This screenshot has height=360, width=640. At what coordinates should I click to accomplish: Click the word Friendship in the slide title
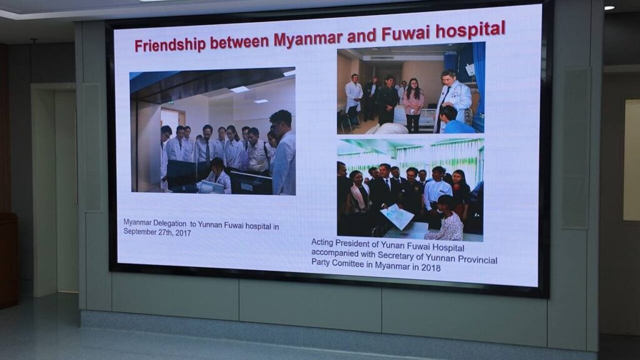click(169, 44)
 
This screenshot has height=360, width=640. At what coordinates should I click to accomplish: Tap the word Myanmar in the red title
click(308, 39)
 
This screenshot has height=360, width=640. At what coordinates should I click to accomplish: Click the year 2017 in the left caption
click(183, 232)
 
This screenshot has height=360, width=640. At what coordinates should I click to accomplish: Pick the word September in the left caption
click(139, 231)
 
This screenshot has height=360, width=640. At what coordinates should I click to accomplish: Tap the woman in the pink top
click(413, 105)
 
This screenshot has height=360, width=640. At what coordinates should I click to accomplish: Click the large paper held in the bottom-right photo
click(397, 216)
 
